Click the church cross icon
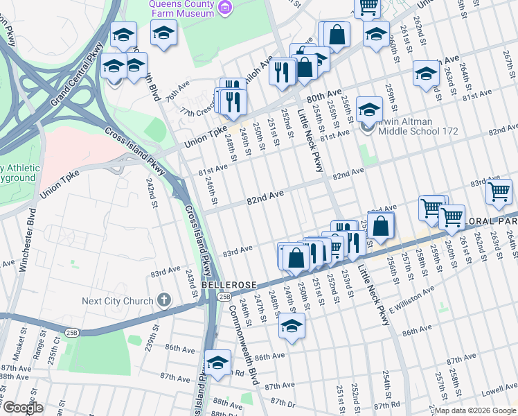(x=163, y=300)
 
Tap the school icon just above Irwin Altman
(x=369, y=109)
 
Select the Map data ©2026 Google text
(x=475, y=410)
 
